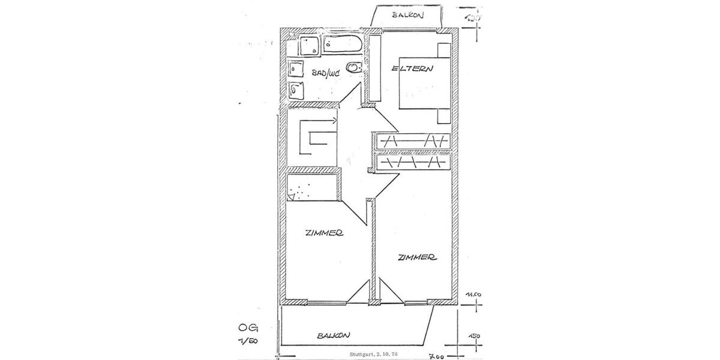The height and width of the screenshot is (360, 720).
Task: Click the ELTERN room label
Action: coord(412,69)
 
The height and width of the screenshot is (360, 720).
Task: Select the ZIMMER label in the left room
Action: coord(323,234)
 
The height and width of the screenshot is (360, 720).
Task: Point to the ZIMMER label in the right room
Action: coord(416,257)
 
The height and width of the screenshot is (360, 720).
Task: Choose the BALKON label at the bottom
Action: coord(334,336)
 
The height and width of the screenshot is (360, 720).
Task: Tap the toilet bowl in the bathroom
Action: coord(355,68)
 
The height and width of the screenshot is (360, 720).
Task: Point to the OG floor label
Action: coord(247,329)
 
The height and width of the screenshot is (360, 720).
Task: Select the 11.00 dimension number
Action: coord(474,293)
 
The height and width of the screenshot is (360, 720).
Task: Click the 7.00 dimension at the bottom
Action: coord(436,356)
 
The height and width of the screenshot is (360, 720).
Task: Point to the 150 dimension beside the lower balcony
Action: coord(475,336)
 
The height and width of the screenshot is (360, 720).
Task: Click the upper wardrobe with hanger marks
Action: coord(411,141)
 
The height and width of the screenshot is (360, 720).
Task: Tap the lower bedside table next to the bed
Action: coord(443,116)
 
